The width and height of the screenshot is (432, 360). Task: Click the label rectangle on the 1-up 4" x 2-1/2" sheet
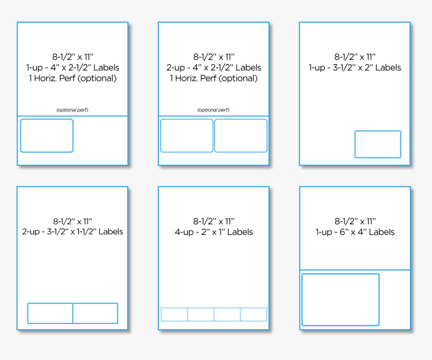click(47, 136)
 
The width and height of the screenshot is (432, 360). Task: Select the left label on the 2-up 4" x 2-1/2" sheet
click(187, 136)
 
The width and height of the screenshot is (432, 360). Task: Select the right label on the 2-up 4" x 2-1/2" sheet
click(241, 136)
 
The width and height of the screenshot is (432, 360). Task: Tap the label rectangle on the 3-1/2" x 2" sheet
click(378, 144)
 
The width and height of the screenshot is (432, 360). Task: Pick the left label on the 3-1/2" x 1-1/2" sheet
click(50, 313)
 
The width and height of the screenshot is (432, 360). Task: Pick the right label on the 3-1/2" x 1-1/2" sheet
click(95, 313)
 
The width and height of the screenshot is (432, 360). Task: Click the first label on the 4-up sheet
click(174, 314)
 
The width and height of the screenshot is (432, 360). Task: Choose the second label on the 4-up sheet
click(201, 314)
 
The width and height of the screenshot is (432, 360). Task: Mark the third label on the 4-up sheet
click(227, 314)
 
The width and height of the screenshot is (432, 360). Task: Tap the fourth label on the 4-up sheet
click(254, 314)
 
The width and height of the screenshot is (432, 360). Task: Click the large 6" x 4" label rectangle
click(341, 300)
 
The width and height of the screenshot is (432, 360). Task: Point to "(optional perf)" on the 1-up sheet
click(72, 110)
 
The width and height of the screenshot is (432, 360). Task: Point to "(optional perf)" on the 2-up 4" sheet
click(213, 110)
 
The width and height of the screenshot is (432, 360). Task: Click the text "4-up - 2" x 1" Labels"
click(213, 232)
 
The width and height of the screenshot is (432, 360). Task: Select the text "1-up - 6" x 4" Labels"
click(355, 232)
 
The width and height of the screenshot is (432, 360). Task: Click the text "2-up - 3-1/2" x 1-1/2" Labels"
click(72, 232)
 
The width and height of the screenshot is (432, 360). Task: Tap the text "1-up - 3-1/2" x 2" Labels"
click(355, 67)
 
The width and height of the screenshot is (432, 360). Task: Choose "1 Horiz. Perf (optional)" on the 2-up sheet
click(213, 78)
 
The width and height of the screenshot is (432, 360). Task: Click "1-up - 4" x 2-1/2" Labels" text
click(72, 67)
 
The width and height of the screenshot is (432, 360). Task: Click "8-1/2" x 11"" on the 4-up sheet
click(213, 221)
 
